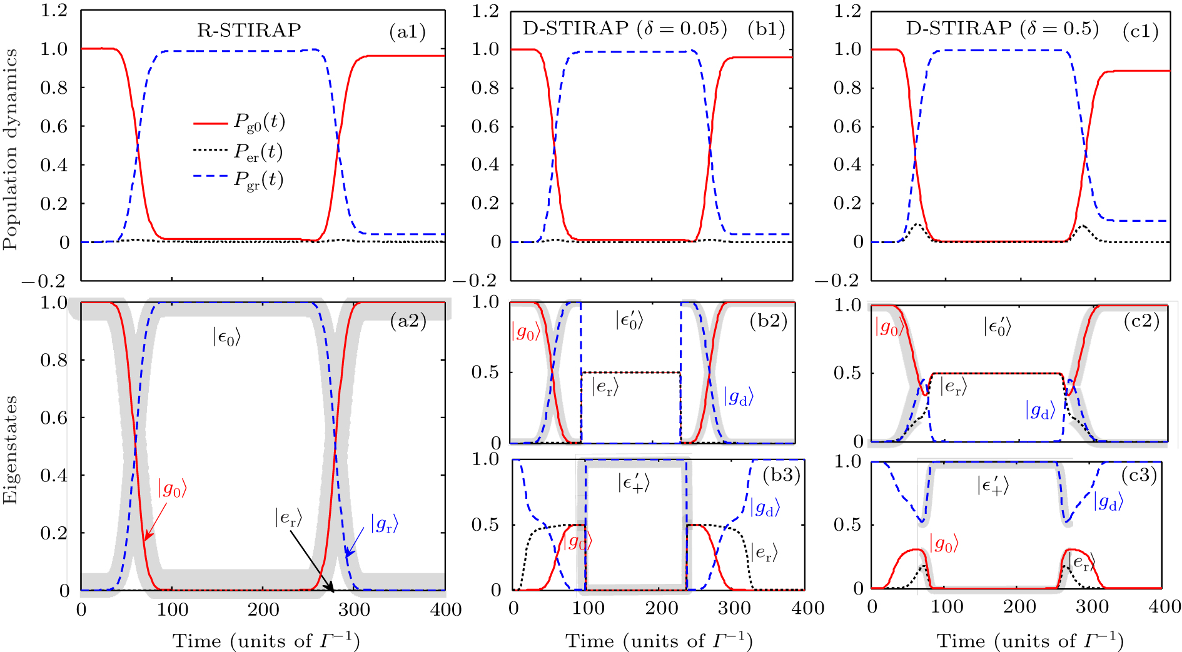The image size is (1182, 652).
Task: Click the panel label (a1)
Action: pyautogui.click(x=407, y=32)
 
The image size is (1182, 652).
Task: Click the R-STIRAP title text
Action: pyautogui.click(x=249, y=30)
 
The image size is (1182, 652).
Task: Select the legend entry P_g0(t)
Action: pyautogui.click(x=258, y=122)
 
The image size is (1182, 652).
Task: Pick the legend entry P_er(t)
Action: pyautogui.click(x=258, y=151)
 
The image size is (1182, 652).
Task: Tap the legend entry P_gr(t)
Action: pyautogui.click(x=258, y=179)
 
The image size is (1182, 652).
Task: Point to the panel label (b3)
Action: pyautogui.click(x=781, y=475)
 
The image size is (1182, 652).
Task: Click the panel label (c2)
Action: pyautogui.click(x=1141, y=321)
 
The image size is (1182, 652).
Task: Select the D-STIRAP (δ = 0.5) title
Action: pyautogui.click(x=1002, y=29)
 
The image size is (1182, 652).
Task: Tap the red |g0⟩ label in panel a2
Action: pyautogui.click(x=171, y=488)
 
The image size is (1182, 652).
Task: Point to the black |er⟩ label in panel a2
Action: pyautogui.click(x=288, y=517)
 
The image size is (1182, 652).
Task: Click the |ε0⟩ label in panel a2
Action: pyautogui.click(x=226, y=338)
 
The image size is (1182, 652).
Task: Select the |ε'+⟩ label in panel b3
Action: pyautogui.click(x=633, y=483)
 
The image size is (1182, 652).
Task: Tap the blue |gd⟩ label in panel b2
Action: pyautogui.click(x=739, y=396)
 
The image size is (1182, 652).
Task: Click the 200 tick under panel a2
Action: pyautogui.click(x=263, y=609)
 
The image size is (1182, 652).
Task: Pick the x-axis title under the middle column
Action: pyautogui.click(x=659, y=641)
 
